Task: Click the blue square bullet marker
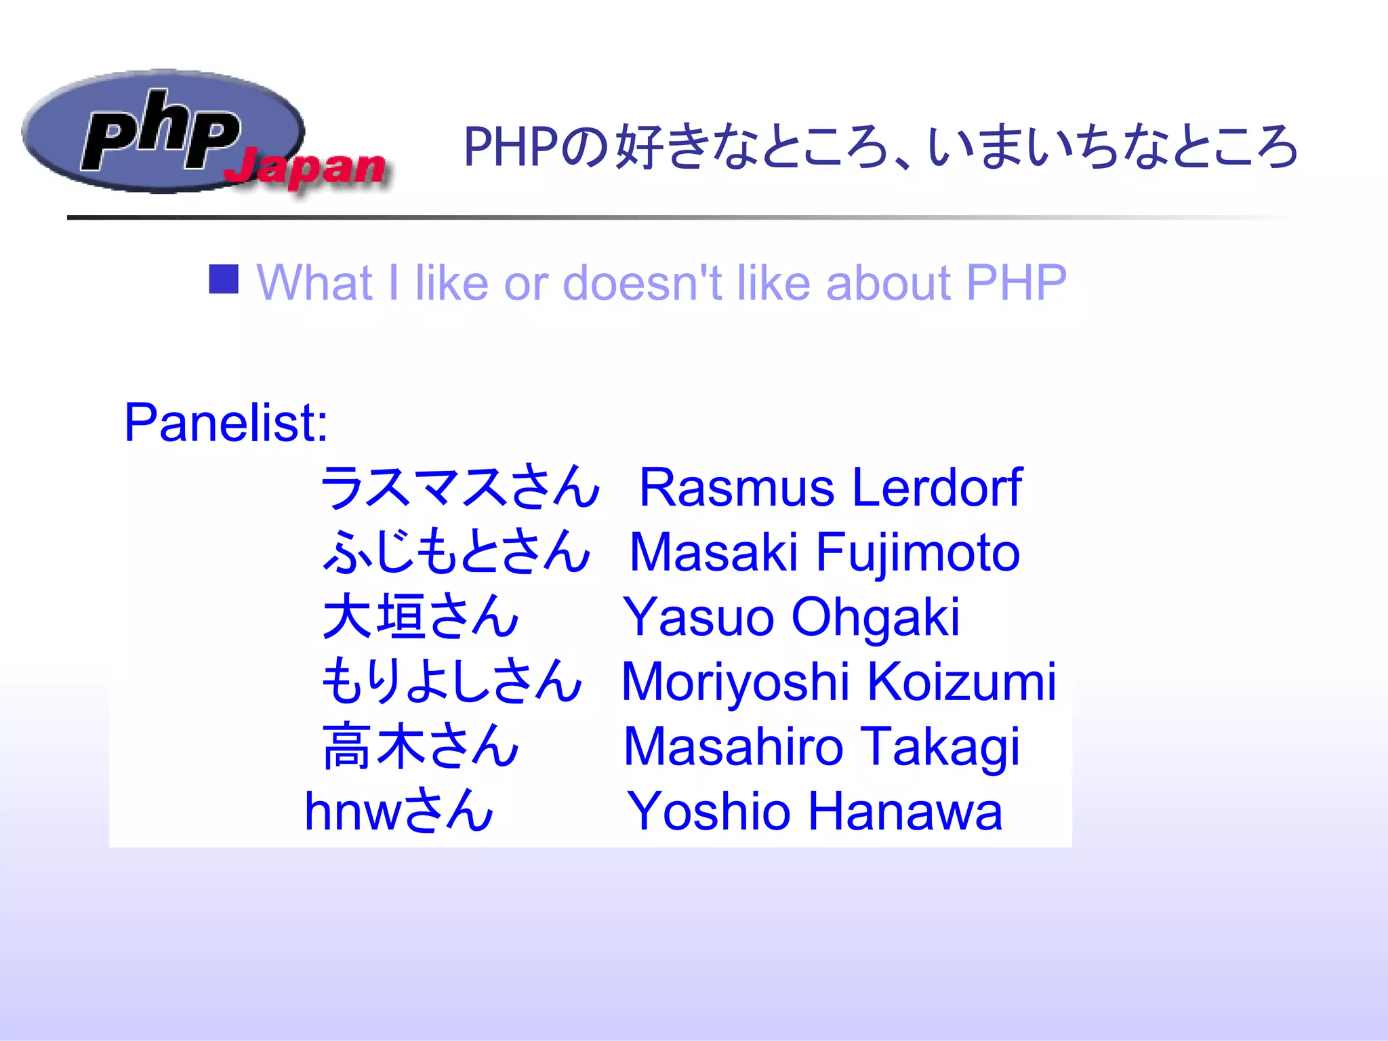224,279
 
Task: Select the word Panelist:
226,423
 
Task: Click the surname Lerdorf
937,487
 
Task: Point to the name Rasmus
737,488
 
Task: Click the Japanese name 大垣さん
420,617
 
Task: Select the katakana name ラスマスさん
460,487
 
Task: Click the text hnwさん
399,811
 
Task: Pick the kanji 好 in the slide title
638,146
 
